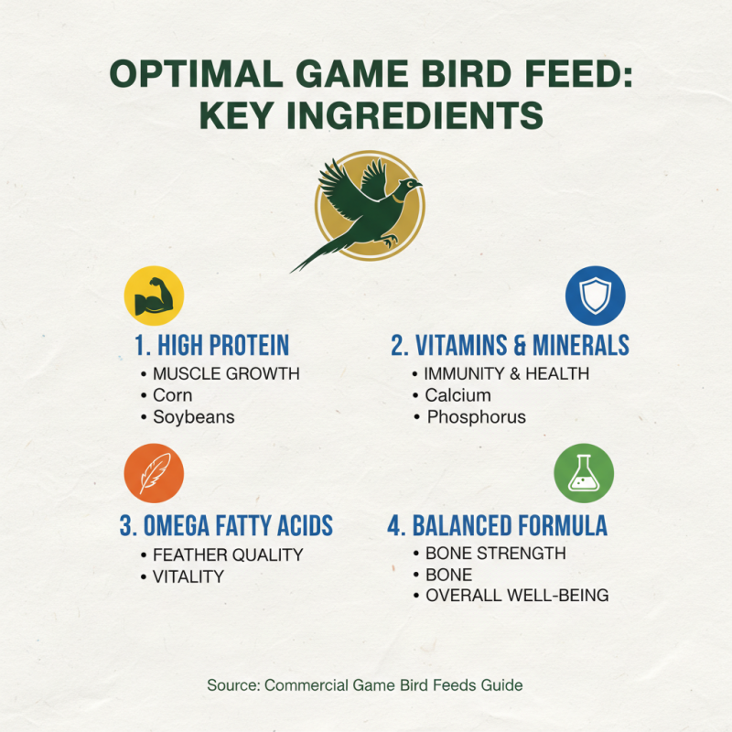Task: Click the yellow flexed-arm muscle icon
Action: [x=154, y=296]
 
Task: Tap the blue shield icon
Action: [x=595, y=296]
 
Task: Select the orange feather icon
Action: [x=154, y=474]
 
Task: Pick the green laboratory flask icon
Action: [x=584, y=474]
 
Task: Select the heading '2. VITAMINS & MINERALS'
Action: [x=510, y=345]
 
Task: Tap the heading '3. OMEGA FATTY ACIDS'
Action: [x=226, y=525]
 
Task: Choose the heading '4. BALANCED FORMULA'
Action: [x=497, y=525]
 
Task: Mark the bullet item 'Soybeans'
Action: [x=193, y=417]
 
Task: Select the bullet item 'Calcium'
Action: [x=457, y=395]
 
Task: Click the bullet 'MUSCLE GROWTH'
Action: [x=225, y=373]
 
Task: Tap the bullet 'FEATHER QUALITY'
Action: [x=227, y=554]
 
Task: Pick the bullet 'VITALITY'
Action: [x=188, y=576]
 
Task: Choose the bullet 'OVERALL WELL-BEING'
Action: [x=517, y=597]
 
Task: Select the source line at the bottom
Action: [x=365, y=684]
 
